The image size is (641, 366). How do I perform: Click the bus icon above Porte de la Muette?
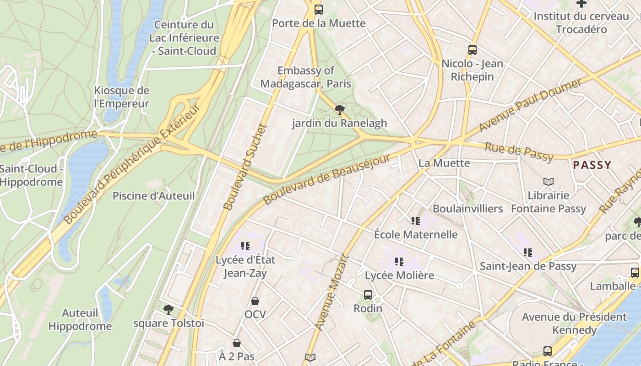pyautogui.click(x=318, y=9)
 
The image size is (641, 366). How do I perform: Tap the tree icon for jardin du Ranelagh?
pyautogui.click(x=339, y=110)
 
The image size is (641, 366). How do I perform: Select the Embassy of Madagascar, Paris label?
pyautogui.click(x=306, y=77)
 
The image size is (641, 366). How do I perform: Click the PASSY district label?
pyautogui.click(x=592, y=165)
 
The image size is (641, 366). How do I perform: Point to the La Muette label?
pyautogui.click(x=438, y=163)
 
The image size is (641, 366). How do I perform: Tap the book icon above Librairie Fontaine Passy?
pyautogui.click(x=549, y=182)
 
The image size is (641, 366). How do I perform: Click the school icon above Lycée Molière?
pyautogui.click(x=399, y=262)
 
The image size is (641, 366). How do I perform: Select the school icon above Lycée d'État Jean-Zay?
pyautogui.click(x=245, y=246)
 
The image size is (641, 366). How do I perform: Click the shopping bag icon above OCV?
pyautogui.click(x=255, y=301)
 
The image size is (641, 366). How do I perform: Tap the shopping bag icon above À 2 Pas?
pyautogui.click(x=237, y=343)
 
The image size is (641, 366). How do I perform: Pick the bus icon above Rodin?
pyautogui.click(x=368, y=295)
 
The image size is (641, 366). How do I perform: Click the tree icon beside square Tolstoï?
pyautogui.click(x=168, y=310)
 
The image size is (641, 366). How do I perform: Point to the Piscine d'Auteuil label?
pyautogui.click(x=154, y=196)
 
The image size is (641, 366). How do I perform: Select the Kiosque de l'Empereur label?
pyautogui.click(x=122, y=97)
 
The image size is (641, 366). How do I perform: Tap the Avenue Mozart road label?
pyautogui.click(x=332, y=293)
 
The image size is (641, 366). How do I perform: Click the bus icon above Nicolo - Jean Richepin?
pyautogui.click(x=473, y=50)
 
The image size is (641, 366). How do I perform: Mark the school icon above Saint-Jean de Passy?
pyautogui.click(x=528, y=253)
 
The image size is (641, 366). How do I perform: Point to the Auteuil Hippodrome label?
pyautogui.click(x=80, y=320)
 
